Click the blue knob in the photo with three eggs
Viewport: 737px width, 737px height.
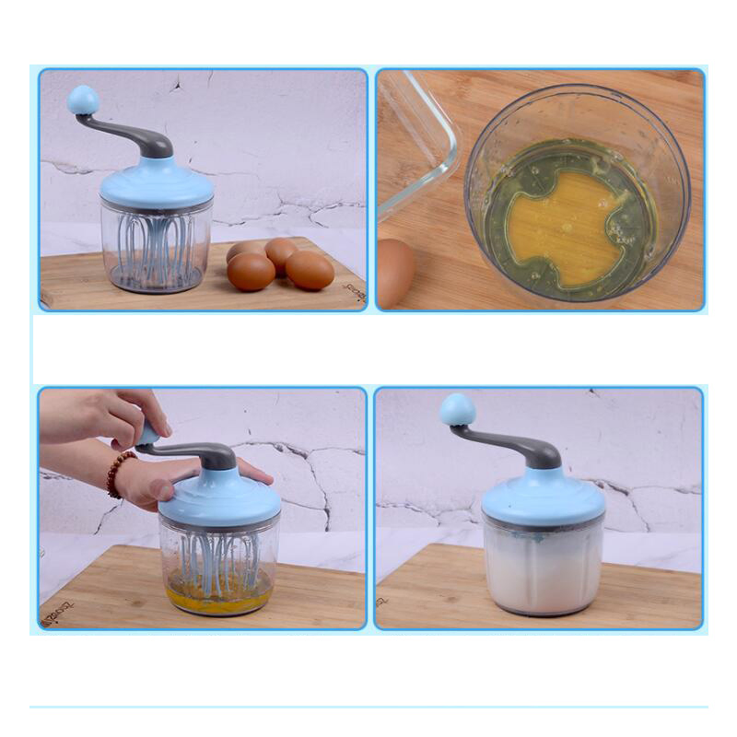(x=83, y=99)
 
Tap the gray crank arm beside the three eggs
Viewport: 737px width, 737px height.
(x=138, y=136)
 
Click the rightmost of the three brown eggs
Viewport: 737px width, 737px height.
(x=310, y=270)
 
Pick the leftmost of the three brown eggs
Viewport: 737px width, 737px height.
(x=251, y=272)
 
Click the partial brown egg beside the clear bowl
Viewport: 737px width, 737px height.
(x=394, y=272)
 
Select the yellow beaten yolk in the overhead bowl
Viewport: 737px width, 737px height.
(x=563, y=222)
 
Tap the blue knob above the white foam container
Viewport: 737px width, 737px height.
(x=457, y=409)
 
